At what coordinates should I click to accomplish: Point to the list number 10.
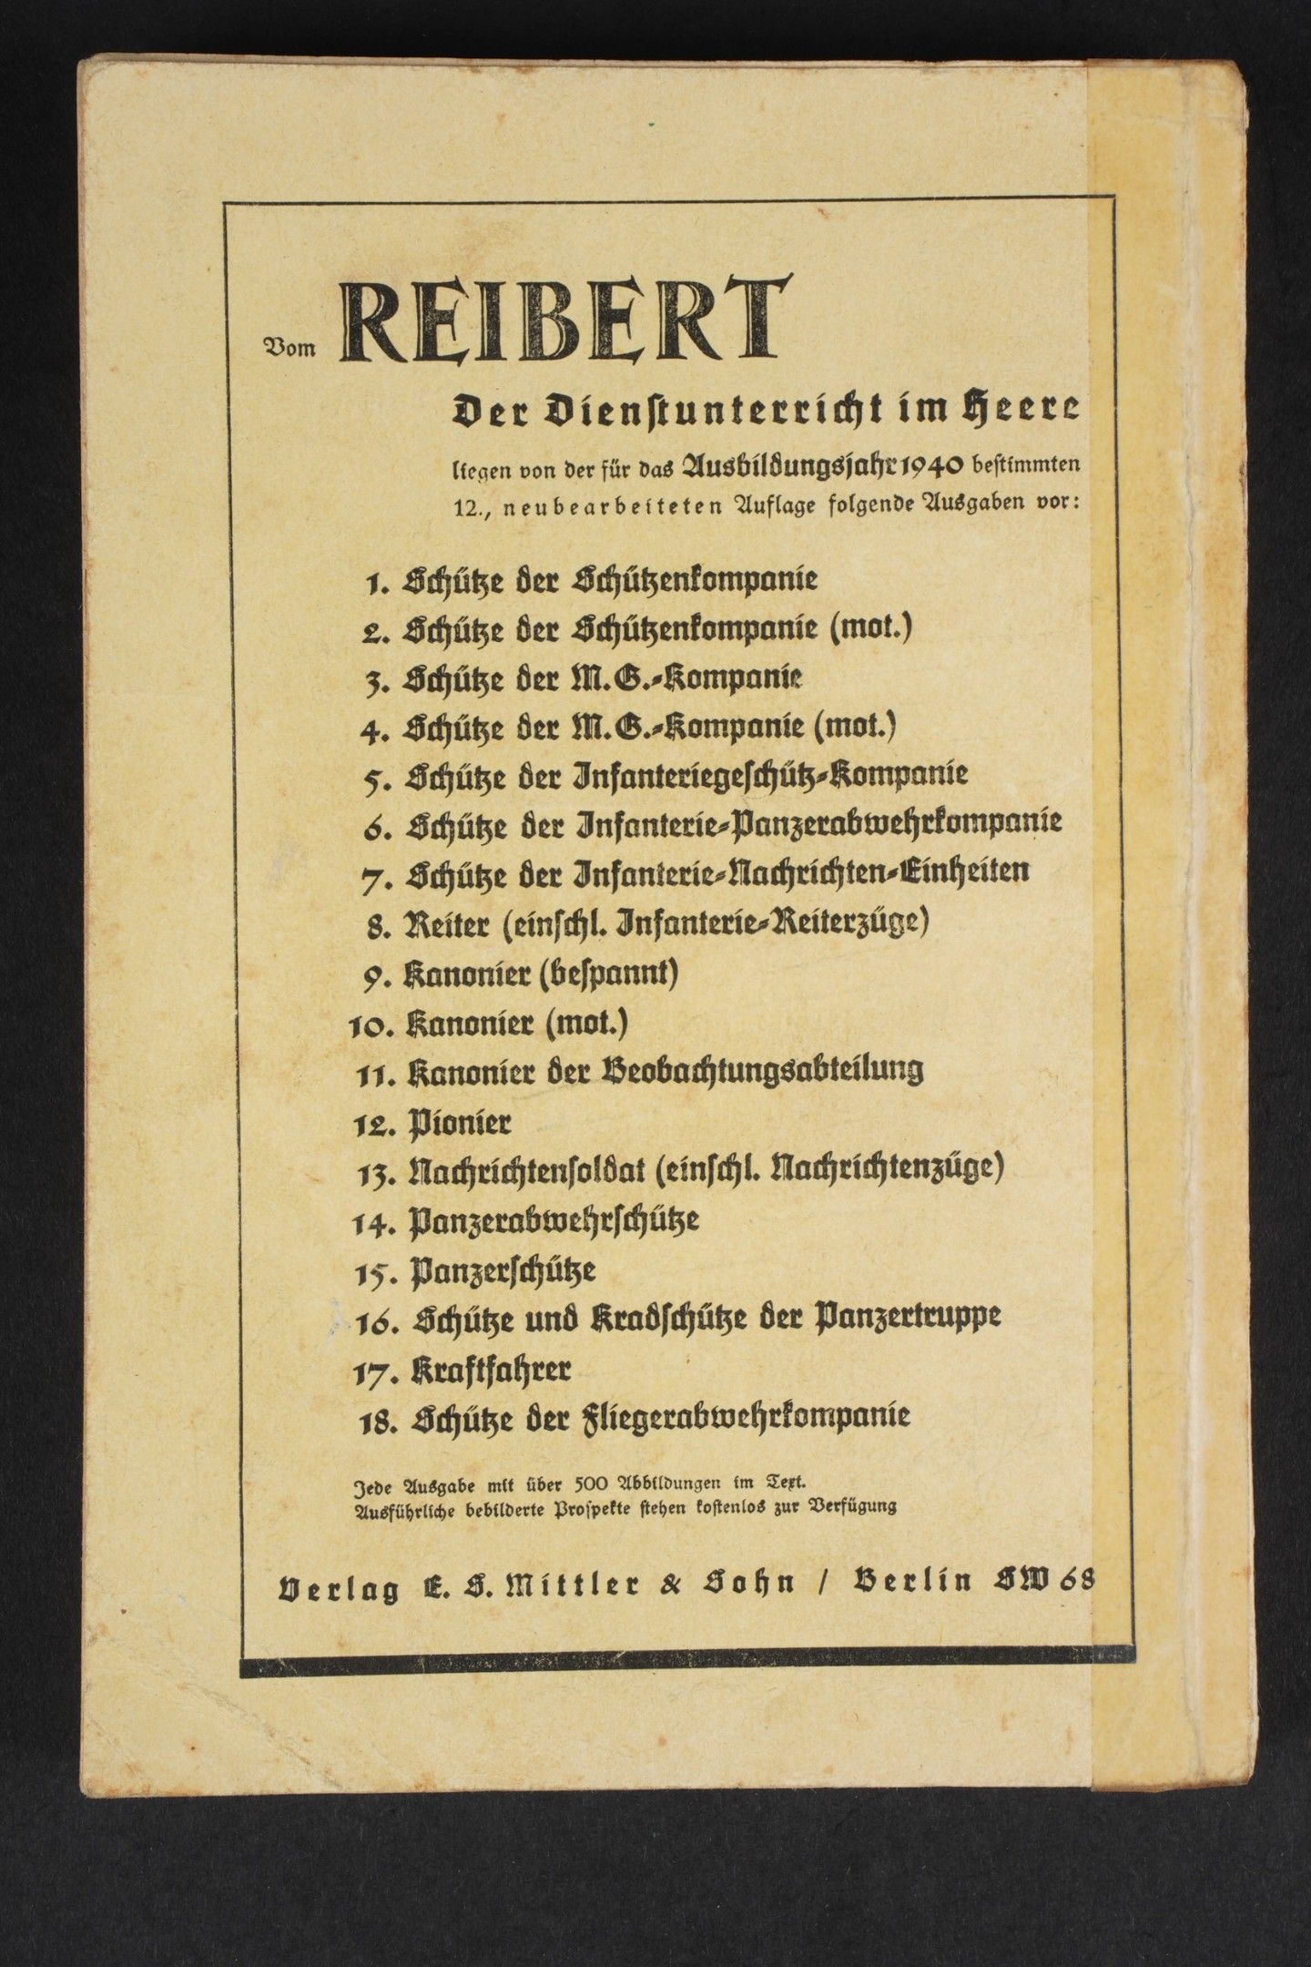click(x=370, y=1024)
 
